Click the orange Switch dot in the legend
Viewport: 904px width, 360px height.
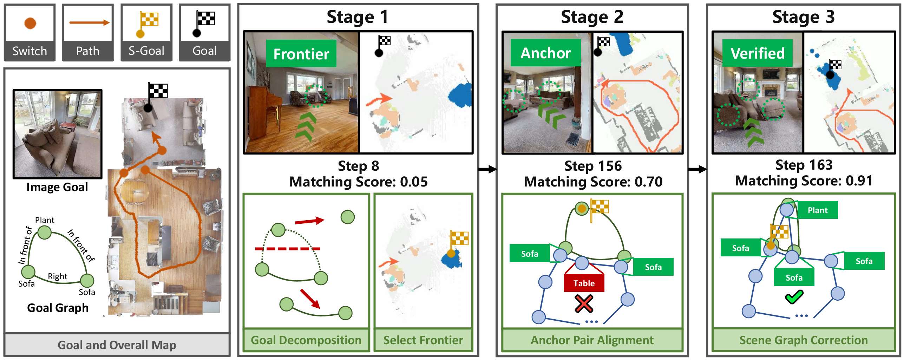[30, 23]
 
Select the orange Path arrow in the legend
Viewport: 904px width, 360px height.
[89, 23]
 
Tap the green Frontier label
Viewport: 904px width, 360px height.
[301, 54]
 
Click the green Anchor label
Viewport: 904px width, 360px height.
[545, 53]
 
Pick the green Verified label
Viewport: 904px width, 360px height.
[758, 53]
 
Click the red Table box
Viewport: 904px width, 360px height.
[584, 283]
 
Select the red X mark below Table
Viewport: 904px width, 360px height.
[584, 304]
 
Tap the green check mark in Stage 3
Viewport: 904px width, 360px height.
[794, 297]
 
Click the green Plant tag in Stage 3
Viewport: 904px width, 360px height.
[817, 210]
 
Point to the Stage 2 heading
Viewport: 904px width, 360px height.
[592, 17]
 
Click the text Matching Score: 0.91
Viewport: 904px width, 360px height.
[804, 181]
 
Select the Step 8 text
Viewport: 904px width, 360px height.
[358, 166]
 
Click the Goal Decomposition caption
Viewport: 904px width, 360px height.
[306, 340]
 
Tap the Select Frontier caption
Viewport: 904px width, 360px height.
[423, 340]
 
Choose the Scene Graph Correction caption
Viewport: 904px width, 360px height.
[804, 340]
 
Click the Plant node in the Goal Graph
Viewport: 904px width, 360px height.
[45, 233]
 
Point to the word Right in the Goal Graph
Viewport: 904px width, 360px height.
[58, 276]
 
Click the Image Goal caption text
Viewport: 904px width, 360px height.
[57, 187]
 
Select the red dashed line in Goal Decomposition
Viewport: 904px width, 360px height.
[288, 249]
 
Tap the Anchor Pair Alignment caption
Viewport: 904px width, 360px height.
[592, 340]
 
